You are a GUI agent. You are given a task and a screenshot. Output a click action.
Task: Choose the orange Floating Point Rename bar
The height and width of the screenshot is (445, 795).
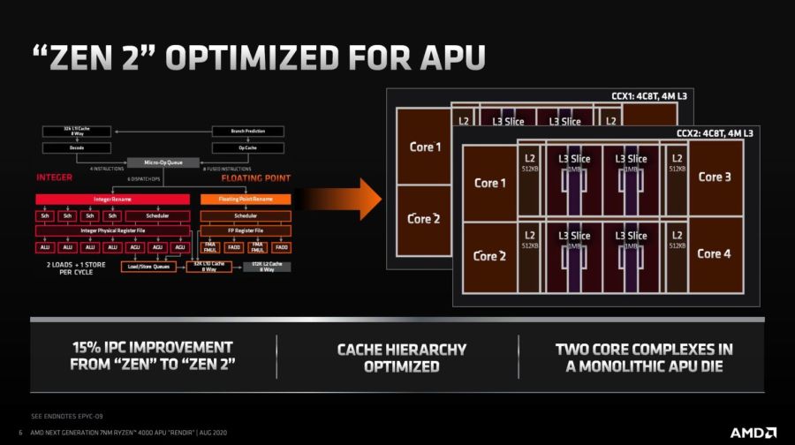[246, 200]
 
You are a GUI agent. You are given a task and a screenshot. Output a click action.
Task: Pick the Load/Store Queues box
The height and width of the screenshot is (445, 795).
[148, 265]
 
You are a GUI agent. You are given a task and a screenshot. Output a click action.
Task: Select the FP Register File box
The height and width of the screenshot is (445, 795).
[246, 230]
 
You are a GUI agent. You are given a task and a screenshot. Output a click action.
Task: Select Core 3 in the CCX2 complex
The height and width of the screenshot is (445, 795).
[714, 177]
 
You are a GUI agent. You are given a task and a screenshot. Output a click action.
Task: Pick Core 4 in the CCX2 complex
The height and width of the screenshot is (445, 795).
[714, 253]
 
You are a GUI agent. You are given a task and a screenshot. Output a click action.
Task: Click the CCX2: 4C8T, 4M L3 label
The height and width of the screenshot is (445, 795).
[715, 133]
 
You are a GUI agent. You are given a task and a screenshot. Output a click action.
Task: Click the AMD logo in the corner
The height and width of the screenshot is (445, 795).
[753, 432]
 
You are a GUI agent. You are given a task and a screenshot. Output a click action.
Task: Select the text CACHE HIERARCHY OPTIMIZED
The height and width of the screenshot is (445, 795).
[401, 358]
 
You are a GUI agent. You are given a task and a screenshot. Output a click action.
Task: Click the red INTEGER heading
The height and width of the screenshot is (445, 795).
[54, 177]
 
